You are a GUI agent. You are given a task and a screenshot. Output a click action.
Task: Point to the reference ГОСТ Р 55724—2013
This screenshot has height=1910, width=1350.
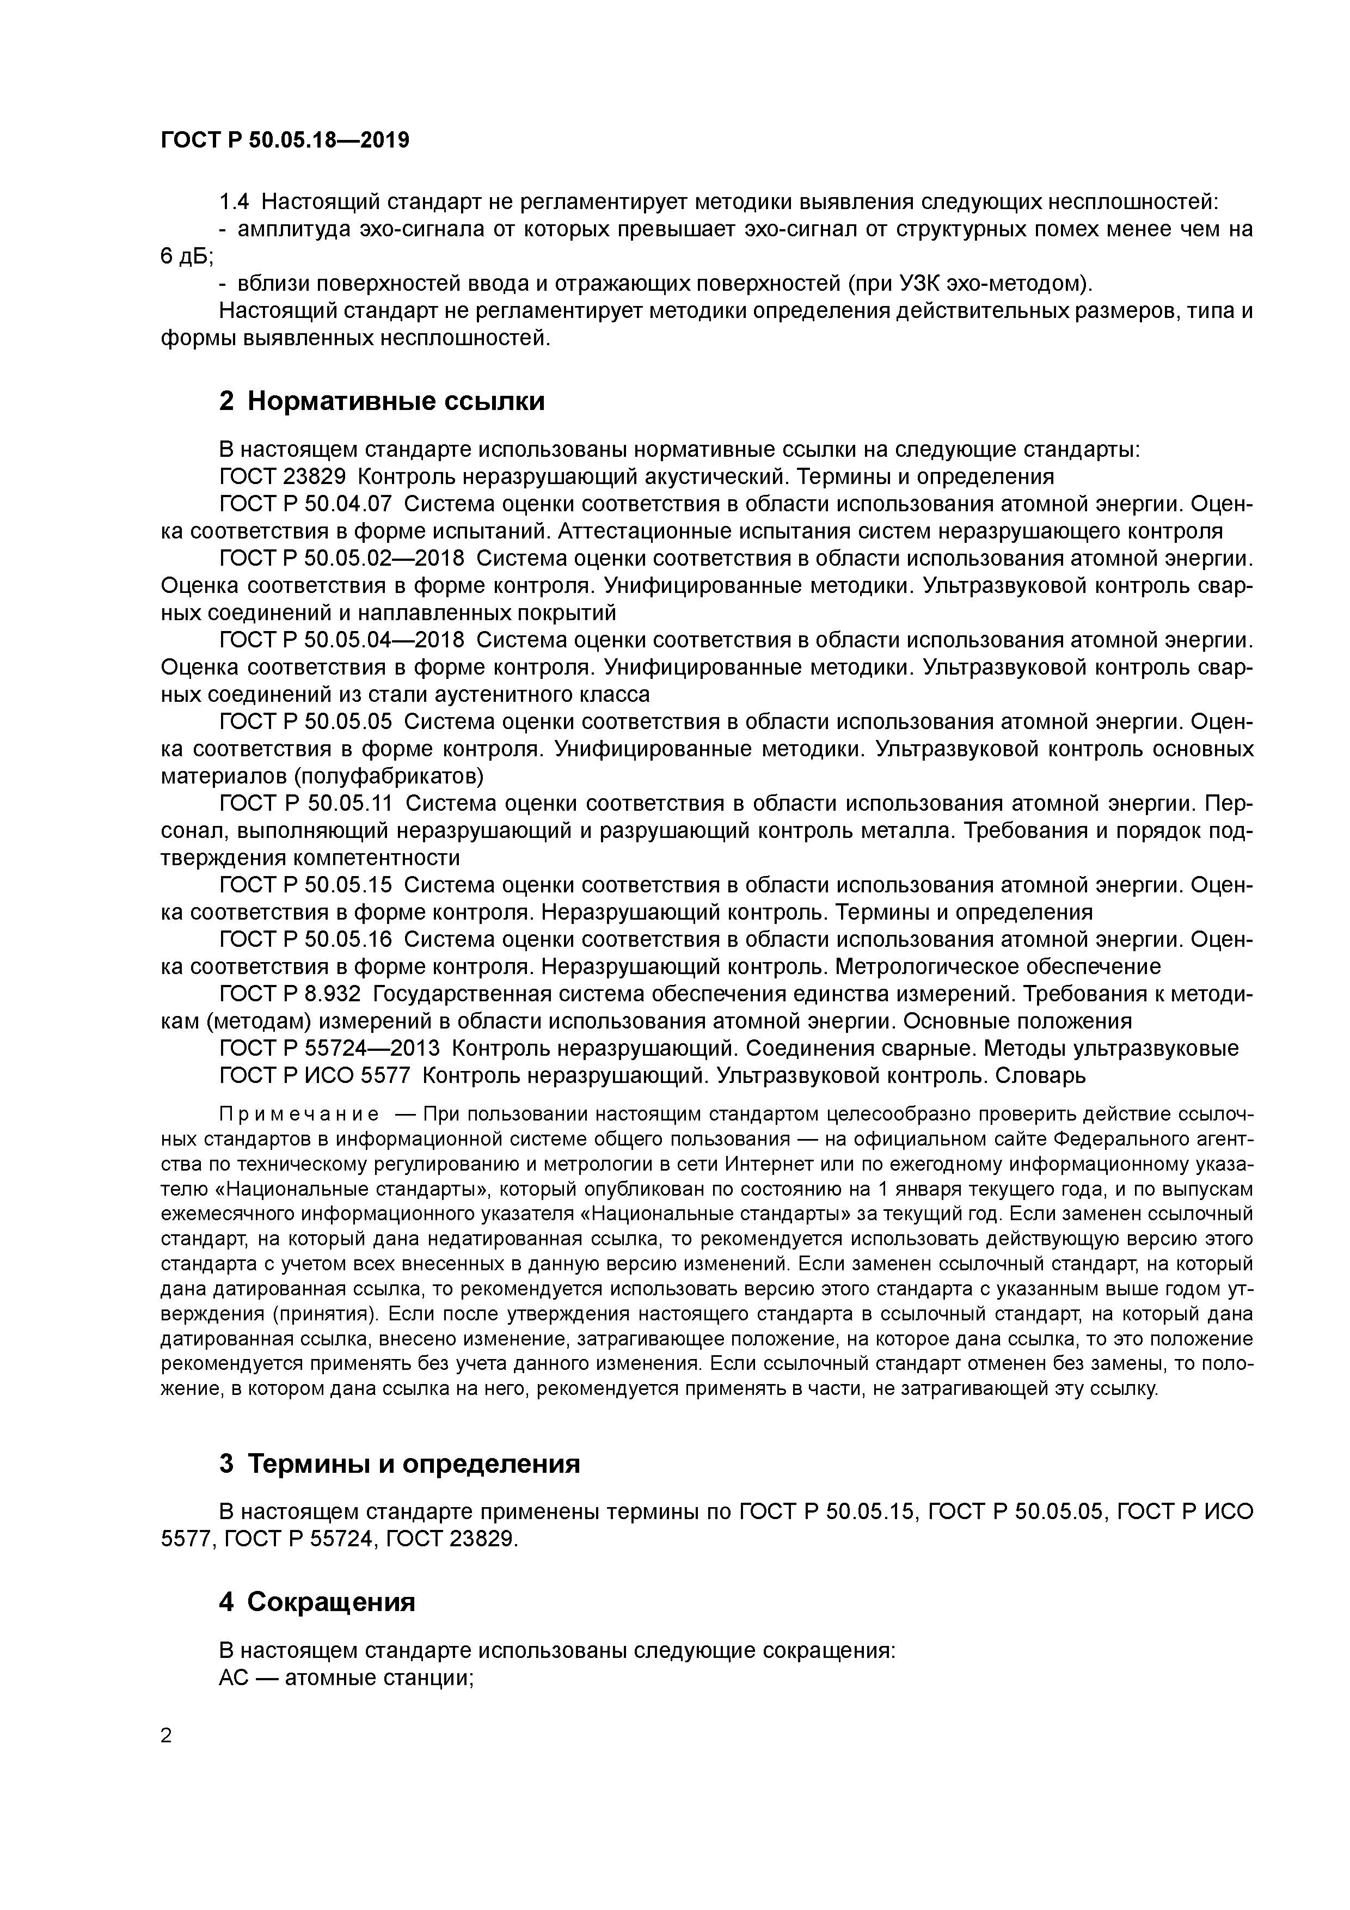pos(329,1048)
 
